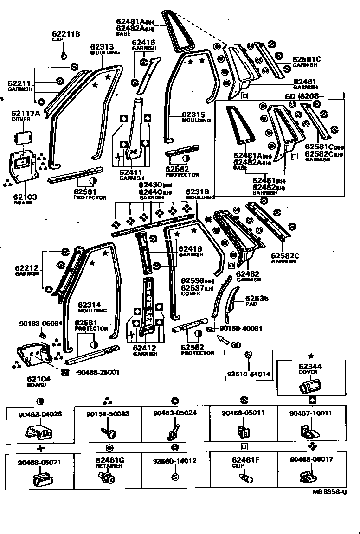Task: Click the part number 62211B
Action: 66,34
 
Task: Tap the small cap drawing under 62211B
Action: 64,57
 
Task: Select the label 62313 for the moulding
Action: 102,47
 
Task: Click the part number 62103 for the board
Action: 25,197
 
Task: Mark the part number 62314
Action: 89,305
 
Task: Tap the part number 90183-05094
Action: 40,324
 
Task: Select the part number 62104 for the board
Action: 39,378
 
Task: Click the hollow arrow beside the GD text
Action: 224,342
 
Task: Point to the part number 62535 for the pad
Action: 257,299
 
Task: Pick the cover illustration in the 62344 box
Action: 307,385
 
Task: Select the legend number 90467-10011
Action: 311,413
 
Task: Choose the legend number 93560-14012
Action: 175,461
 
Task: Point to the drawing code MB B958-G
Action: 330,492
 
